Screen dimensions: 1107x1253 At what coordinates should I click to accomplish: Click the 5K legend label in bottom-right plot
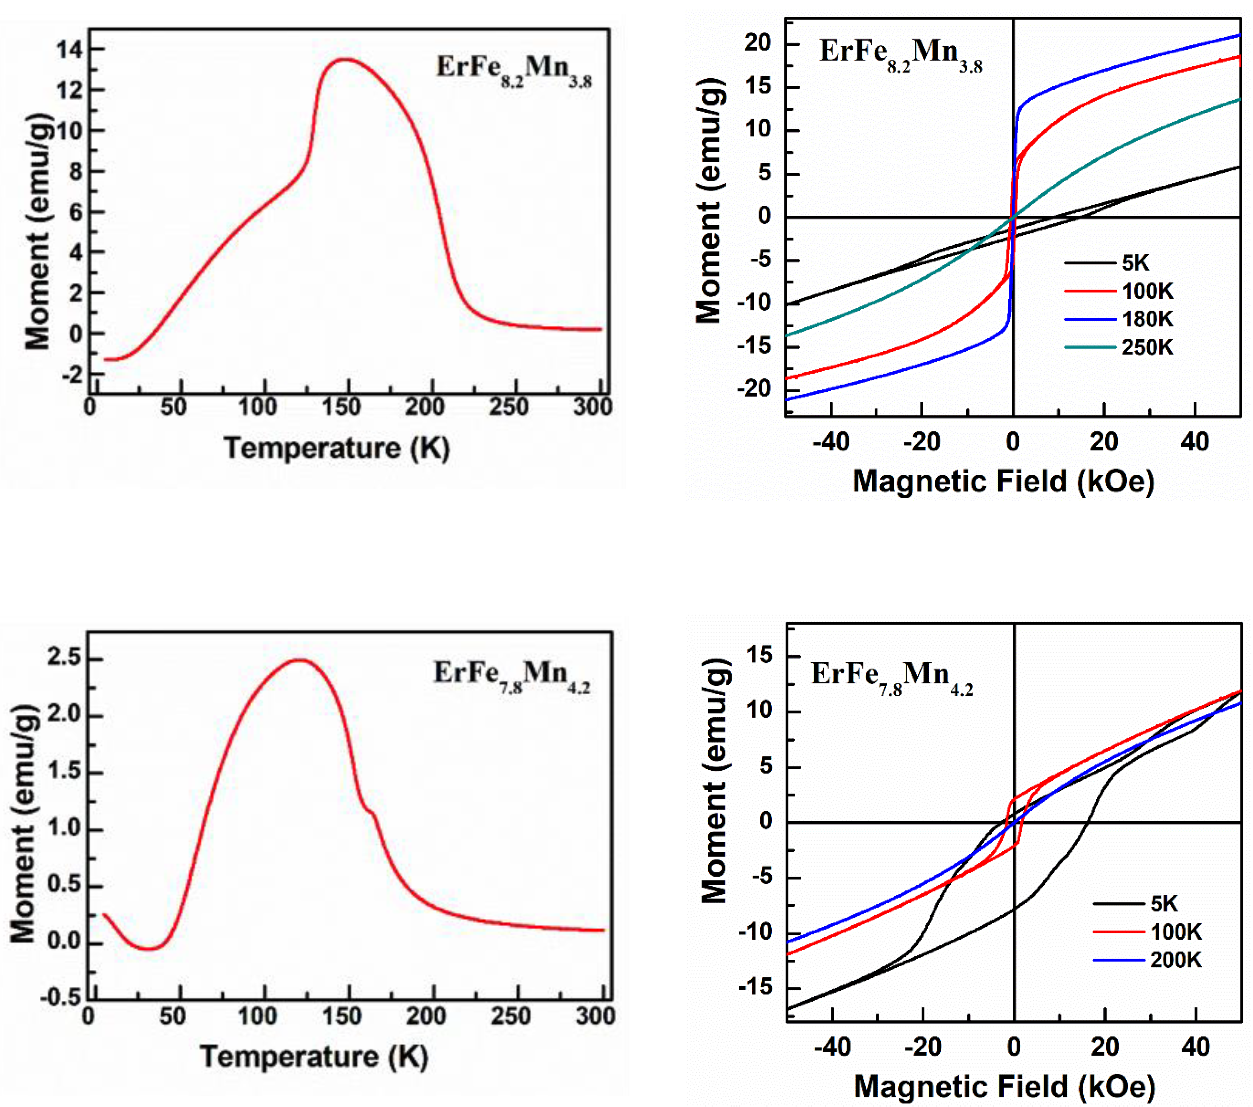pyautogui.click(x=1164, y=904)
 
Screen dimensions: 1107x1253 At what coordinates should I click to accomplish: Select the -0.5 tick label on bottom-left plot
pyautogui.click(x=60, y=998)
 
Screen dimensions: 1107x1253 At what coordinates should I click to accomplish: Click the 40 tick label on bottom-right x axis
pyautogui.click(x=1195, y=1047)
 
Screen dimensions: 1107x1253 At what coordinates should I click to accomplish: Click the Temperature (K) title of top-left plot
pyautogui.click(x=337, y=448)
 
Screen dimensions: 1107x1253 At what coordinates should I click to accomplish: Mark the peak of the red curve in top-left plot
pyautogui.click(x=345, y=59)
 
